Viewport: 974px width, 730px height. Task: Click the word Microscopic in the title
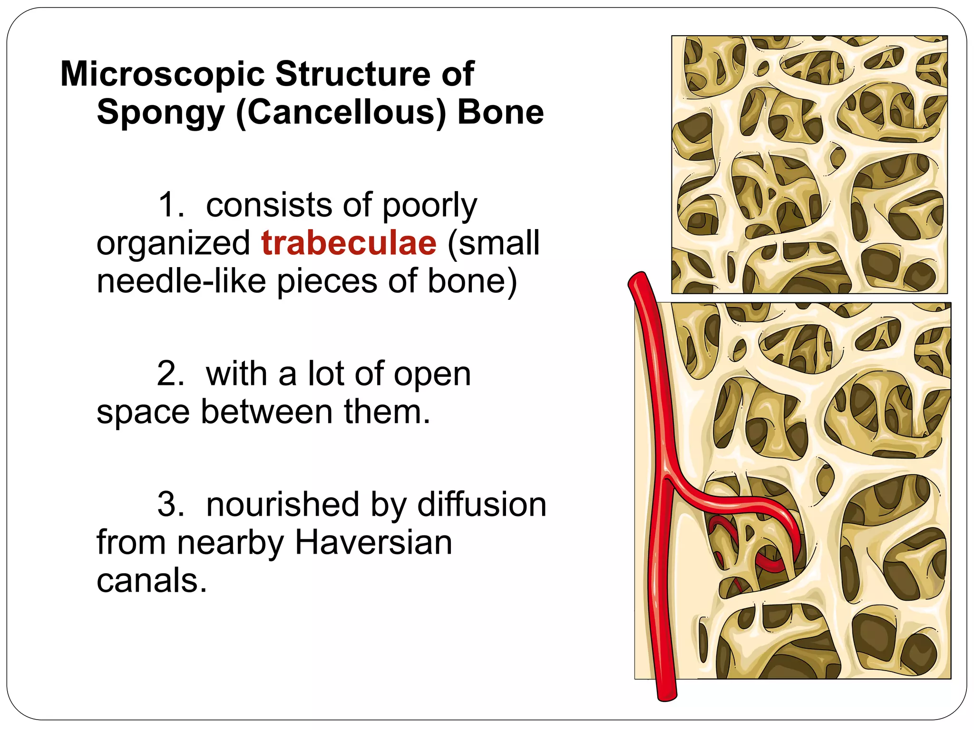tap(162, 74)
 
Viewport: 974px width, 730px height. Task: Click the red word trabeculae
tap(349, 243)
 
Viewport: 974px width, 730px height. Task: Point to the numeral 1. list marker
tap(171, 205)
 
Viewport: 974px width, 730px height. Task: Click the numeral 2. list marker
tap(171, 374)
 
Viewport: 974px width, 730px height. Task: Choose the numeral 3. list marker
tap(171, 505)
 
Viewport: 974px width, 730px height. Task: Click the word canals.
tap(152, 580)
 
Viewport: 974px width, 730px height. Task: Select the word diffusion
tap(481, 505)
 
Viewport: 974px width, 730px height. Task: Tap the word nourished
tap(282, 505)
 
